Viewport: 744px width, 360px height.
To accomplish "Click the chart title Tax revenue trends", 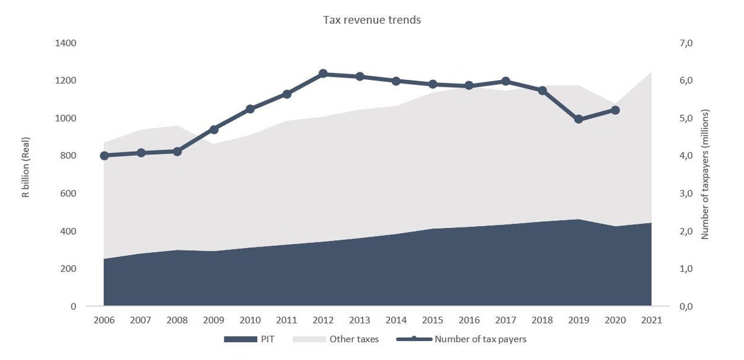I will pyautogui.click(x=371, y=20).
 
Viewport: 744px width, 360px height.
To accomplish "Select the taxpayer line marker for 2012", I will pyautogui.click(x=323, y=74).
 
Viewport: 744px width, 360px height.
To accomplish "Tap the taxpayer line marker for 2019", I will pyautogui.click(x=578, y=119).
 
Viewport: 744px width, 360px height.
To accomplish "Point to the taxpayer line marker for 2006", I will pyautogui.click(x=104, y=156).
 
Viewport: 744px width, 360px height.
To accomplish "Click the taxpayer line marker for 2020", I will pyautogui.click(x=615, y=110).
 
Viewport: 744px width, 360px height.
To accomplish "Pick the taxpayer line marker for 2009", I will pyautogui.click(x=214, y=130).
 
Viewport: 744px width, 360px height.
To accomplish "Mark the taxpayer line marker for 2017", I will pyautogui.click(x=505, y=81).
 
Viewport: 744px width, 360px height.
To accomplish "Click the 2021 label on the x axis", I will pyautogui.click(x=652, y=320).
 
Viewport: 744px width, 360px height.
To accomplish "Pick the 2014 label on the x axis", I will pyautogui.click(x=396, y=320).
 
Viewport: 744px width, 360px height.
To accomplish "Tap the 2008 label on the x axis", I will pyautogui.click(x=177, y=320).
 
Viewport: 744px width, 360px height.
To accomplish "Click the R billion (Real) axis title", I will pyautogui.click(x=26, y=167).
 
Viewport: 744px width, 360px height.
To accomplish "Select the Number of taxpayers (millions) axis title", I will pyautogui.click(x=705, y=174).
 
